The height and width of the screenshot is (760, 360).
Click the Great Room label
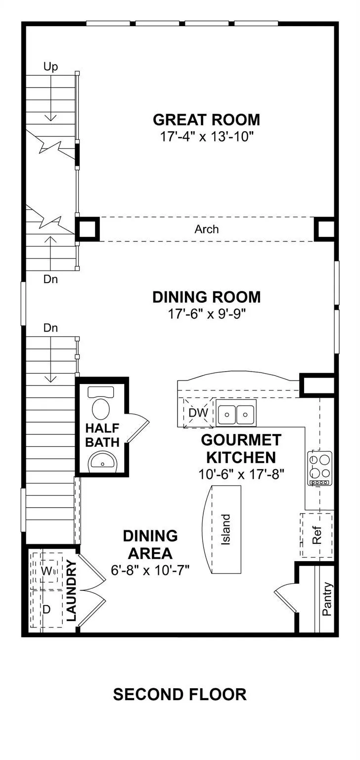tap(206, 120)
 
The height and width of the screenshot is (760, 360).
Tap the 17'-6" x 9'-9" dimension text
tap(206, 314)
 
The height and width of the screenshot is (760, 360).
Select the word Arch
tap(206, 230)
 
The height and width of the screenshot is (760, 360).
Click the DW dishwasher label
tap(198, 413)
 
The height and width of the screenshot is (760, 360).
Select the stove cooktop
tap(319, 468)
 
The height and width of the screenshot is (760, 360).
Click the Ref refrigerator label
tap(316, 535)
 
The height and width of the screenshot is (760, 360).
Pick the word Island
tap(225, 529)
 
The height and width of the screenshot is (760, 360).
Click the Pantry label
tap(327, 599)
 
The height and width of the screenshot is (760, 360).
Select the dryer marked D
tap(47, 609)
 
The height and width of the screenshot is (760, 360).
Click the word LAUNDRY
tap(71, 591)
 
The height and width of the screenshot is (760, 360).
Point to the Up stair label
tap(50, 67)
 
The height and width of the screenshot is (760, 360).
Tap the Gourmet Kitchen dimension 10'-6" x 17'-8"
tap(241, 474)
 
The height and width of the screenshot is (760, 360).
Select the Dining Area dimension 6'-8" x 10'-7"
tap(150, 570)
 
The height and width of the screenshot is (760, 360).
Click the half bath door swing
tap(138, 428)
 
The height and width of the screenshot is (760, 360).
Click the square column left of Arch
tap(88, 229)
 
